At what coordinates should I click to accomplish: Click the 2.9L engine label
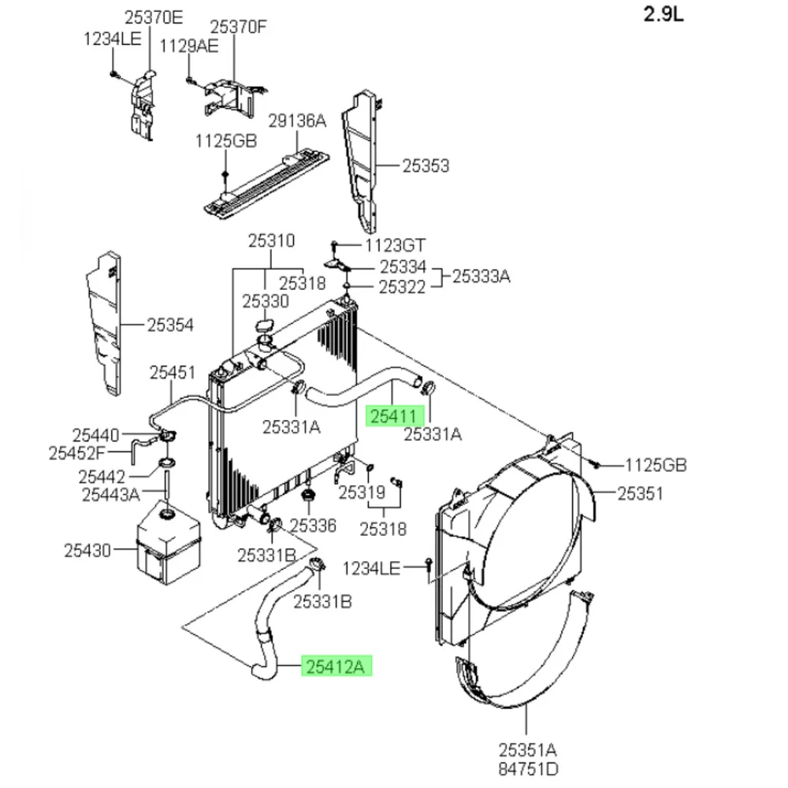tap(664, 16)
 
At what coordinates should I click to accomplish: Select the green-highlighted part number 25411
tap(396, 416)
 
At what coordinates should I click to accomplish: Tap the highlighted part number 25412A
tap(335, 667)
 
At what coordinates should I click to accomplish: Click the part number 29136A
tap(296, 121)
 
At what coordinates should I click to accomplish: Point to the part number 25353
tap(426, 166)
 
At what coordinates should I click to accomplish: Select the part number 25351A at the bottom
tap(526, 749)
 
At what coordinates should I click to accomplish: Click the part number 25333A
tap(481, 277)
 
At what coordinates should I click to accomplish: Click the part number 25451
tap(173, 372)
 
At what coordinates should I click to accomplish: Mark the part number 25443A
tap(110, 495)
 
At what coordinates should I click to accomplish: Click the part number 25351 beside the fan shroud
tap(640, 493)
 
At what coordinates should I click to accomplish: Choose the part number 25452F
tap(76, 452)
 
